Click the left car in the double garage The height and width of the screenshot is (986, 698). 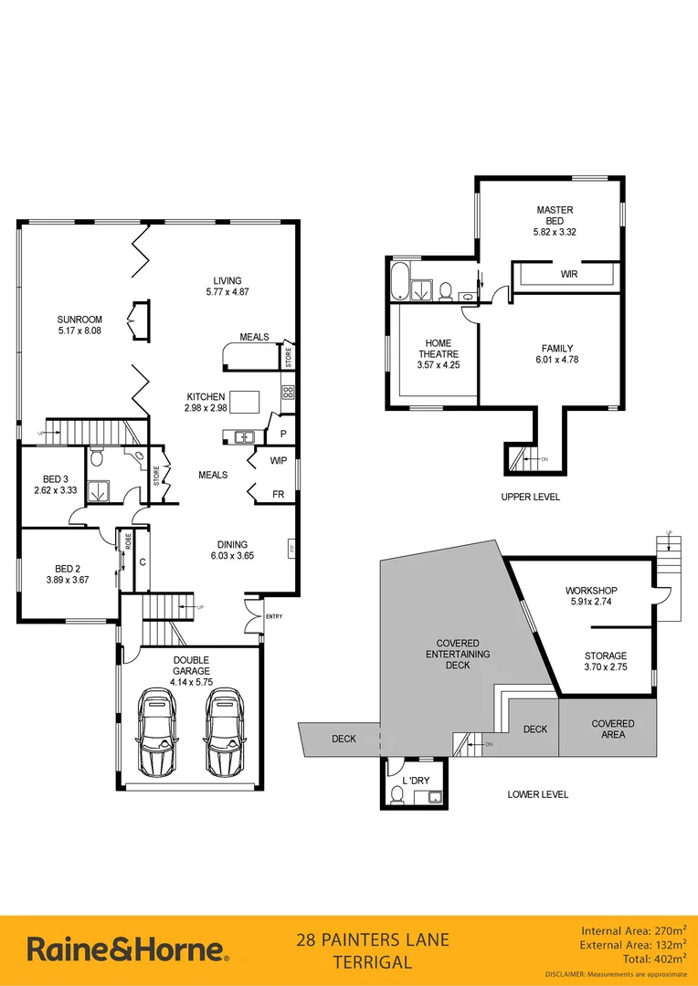point(157,731)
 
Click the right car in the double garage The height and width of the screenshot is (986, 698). point(224,731)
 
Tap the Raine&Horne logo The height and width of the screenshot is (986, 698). point(127,949)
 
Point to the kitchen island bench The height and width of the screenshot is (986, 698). point(245,401)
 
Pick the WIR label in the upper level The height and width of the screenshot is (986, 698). point(568,274)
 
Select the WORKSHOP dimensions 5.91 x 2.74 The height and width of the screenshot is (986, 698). point(592,603)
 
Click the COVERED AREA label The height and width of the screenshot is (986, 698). point(612,729)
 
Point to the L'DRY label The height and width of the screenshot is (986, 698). point(416,781)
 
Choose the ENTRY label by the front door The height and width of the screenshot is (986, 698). point(274,616)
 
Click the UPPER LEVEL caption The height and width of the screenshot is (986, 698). point(530,497)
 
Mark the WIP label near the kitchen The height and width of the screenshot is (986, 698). point(279,461)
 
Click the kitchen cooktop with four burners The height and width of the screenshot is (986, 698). point(287,393)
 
